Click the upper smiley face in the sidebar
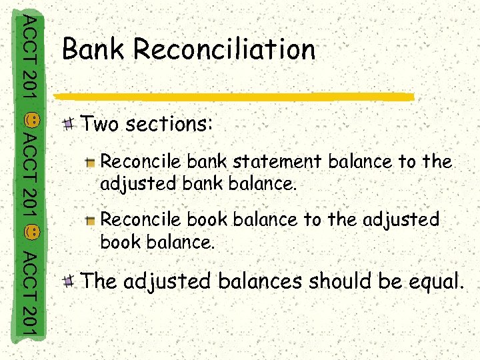click(34, 120)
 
